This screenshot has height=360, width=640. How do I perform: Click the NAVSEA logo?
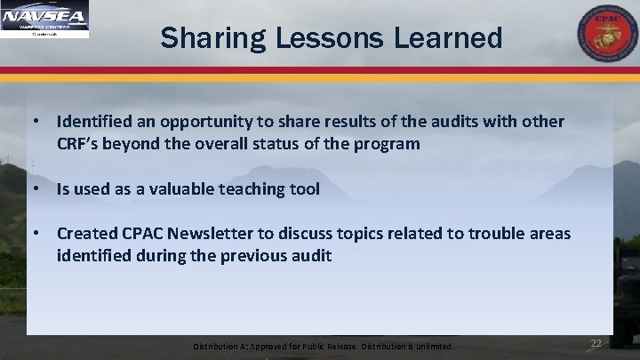(x=45, y=20)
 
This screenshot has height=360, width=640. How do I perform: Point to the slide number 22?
(x=596, y=342)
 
